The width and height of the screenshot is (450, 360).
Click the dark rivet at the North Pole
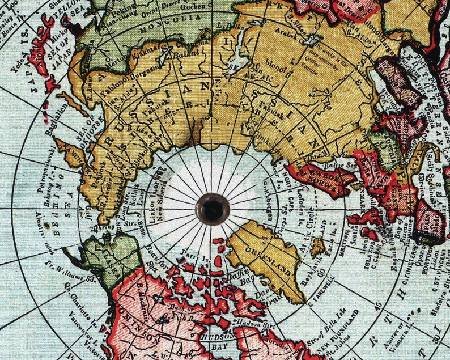point(213,209)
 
